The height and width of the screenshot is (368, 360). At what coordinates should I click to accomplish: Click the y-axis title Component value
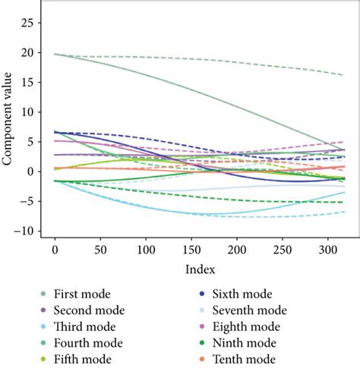8,124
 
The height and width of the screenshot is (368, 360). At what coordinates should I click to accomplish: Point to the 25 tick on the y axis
30,24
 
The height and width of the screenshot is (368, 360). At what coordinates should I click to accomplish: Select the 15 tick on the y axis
30,83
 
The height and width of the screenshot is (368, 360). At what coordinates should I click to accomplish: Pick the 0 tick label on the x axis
55,250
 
